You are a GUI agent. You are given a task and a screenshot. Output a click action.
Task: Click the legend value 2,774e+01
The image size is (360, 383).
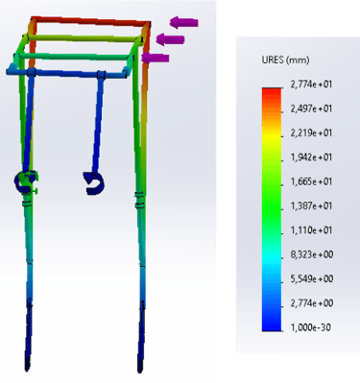[x=311, y=84]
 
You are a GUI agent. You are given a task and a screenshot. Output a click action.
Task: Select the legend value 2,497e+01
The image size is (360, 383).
[x=311, y=108]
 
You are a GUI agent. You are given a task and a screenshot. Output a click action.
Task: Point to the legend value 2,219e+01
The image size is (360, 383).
[x=311, y=132]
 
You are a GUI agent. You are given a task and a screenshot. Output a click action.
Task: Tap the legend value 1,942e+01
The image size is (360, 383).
[x=311, y=157]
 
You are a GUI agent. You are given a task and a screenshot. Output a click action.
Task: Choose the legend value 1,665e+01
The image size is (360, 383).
[x=311, y=181]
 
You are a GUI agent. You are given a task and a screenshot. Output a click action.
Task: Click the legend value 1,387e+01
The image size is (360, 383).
[x=311, y=205]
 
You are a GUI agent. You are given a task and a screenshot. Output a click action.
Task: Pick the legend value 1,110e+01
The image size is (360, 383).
[x=311, y=230]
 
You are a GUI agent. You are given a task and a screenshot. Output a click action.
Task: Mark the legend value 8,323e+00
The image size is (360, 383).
[x=312, y=254]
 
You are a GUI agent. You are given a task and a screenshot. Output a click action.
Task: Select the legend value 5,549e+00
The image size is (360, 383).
[x=312, y=279]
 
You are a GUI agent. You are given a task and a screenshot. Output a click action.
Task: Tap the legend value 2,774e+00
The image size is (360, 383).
[x=312, y=303]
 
